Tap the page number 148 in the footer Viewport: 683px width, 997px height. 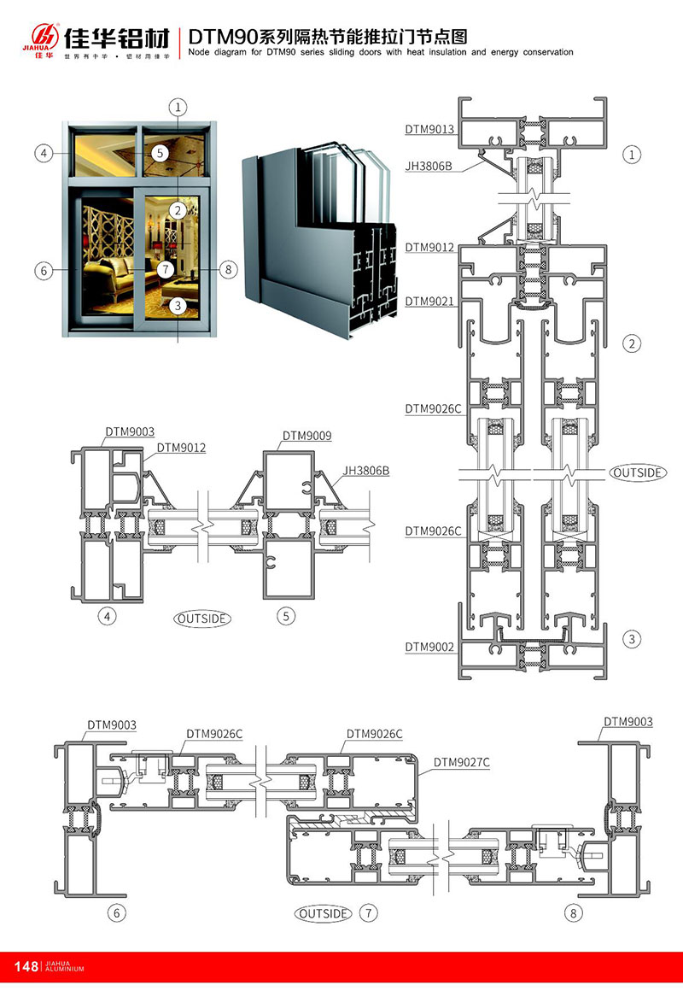point(26,966)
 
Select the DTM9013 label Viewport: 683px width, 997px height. point(429,129)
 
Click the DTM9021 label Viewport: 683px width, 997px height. point(429,302)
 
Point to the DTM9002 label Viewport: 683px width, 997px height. point(429,647)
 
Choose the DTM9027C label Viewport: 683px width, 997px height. point(461,762)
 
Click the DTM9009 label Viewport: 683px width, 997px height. point(306,436)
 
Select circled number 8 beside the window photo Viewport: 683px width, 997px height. point(226,270)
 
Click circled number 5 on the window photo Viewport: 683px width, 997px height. point(159,154)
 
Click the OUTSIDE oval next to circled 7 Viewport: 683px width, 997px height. point(324,913)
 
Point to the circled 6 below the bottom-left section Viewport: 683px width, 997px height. point(117,913)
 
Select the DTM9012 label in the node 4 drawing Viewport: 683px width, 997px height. point(181,448)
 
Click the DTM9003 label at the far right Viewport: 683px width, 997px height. point(628,722)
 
